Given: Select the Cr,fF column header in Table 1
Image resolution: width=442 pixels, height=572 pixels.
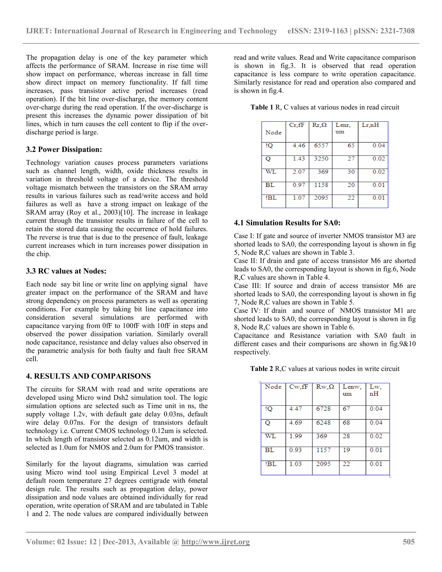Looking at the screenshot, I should tap(297, 125).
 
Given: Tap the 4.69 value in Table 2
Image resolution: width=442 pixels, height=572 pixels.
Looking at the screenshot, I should tap(295, 423).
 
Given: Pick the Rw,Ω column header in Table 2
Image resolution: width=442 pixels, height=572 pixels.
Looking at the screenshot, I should tap(325, 387).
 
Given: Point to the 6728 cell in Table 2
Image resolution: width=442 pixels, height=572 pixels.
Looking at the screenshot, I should tap(323, 409).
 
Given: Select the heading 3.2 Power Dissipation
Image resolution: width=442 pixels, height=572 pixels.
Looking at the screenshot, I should tap(64, 150).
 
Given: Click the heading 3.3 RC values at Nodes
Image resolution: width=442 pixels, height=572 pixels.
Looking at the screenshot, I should tap(66, 271).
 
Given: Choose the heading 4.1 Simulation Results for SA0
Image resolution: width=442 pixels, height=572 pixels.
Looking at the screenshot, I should tap(287, 223).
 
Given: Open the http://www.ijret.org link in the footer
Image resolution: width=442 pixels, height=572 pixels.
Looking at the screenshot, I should tap(216, 542).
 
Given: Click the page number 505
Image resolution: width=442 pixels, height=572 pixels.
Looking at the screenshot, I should tap(409, 542).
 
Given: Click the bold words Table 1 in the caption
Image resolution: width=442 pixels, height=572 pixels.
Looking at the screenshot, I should tap(262, 107).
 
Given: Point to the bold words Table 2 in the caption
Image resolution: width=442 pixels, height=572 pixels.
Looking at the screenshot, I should tap(261, 369).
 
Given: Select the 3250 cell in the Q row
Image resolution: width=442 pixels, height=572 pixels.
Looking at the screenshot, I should tap(321, 159).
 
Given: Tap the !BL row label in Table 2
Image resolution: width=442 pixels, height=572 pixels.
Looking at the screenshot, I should tap(271, 464).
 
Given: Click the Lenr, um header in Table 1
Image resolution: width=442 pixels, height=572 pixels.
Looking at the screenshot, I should tap(343, 128).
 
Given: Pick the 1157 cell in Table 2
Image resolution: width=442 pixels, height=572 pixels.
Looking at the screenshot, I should tap(323, 450).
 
